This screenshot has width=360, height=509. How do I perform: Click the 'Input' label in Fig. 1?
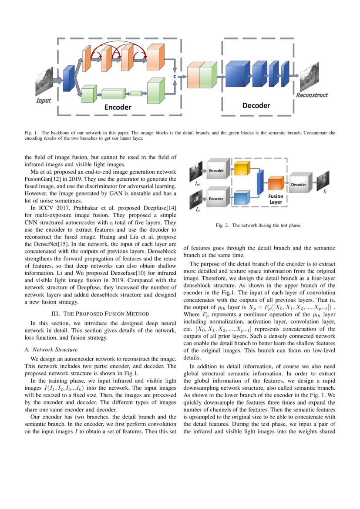[x=43, y=101]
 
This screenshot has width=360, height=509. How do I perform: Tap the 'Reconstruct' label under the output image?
[x=312, y=95]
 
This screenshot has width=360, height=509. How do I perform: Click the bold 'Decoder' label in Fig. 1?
[x=256, y=105]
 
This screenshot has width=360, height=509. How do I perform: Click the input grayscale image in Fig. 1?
[x=44, y=81]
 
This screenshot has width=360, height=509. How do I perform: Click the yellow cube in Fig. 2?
[x=241, y=169]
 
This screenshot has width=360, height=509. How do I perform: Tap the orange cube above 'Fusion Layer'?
[x=276, y=184]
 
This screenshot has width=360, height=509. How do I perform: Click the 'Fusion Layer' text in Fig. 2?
[x=276, y=199]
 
